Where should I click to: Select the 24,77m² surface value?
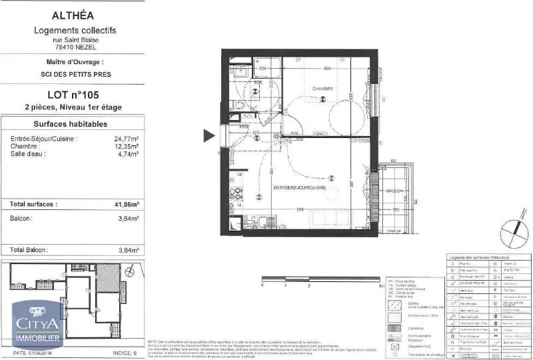pyautogui.click(x=127, y=139)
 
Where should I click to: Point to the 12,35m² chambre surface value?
pyautogui.click(x=127, y=147)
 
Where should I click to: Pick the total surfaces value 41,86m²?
pyautogui.click(x=126, y=205)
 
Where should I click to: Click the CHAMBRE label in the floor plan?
pyautogui.click(x=323, y=89)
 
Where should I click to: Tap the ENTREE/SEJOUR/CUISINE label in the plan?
pyautogui.click(x=299, y=189)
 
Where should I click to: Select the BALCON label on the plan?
pyautogui.click(x=396, y=191)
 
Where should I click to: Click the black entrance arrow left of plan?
pyautogui.click(x=209, y=136)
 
